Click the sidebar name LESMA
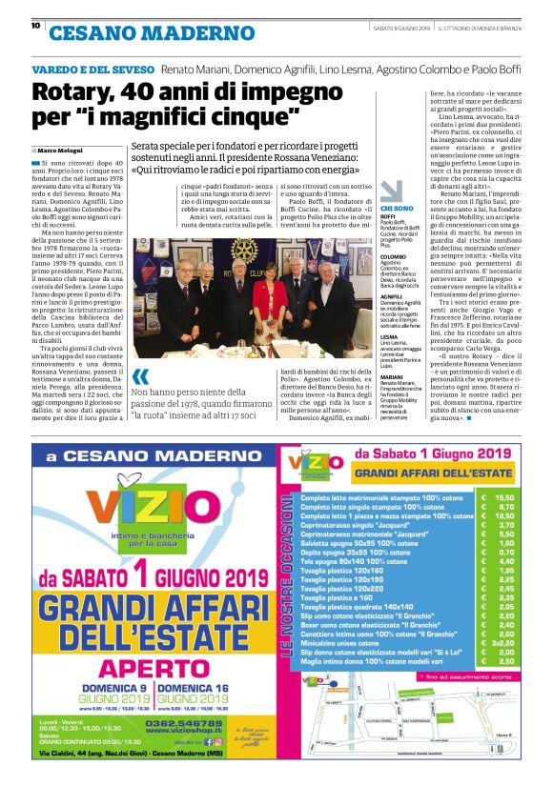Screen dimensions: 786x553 pos(389,336)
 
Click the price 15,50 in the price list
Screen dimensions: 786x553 pos(504,497)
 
